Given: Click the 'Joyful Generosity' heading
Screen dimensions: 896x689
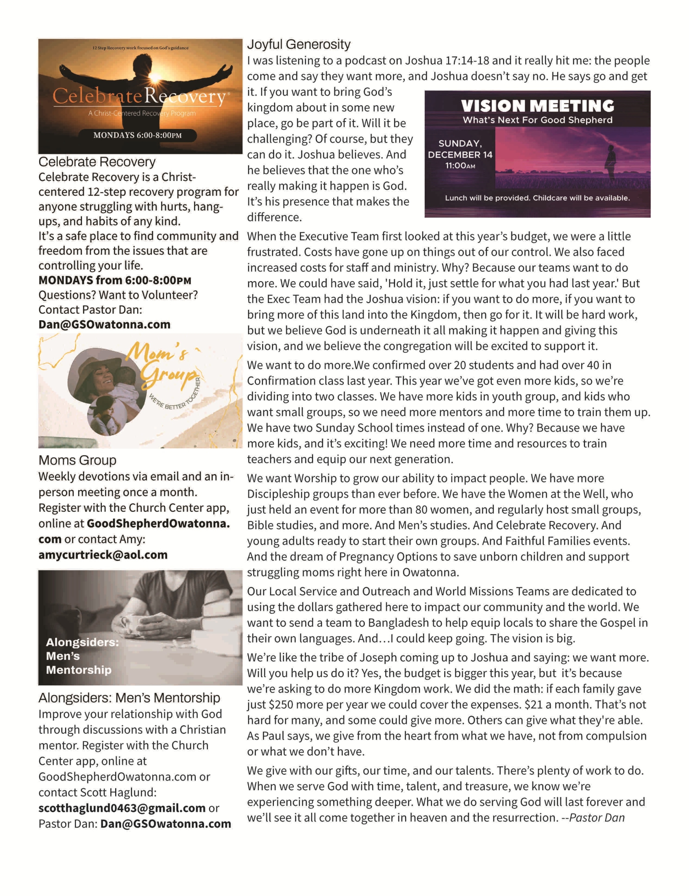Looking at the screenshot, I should click(x=299, y=44).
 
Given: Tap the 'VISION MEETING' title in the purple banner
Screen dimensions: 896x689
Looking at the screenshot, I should click(x=537, y=106).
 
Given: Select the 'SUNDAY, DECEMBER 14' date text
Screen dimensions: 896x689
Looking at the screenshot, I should click(x=460, y=149).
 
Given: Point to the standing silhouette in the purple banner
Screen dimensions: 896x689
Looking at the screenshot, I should click(x=611, y=162).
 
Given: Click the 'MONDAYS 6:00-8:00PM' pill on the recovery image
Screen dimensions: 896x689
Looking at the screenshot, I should click(x=137, y=135).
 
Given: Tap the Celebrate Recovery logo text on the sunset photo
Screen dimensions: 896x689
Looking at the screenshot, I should click(x=139, y=97).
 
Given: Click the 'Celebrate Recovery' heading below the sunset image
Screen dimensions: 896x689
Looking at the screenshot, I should click(x=97, y=162).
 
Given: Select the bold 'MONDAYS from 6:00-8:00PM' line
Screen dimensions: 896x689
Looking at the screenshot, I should click(x=115, y=280).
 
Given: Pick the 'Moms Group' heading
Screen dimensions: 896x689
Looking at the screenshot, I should click(x=77, y=460).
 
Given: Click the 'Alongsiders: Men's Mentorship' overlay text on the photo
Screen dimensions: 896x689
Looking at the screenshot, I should click(x=82, y=656).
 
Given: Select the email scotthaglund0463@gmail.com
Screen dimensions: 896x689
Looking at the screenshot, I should click(x=122, y=808).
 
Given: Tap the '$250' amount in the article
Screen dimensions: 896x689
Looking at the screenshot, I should click(x=280, y=705).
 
